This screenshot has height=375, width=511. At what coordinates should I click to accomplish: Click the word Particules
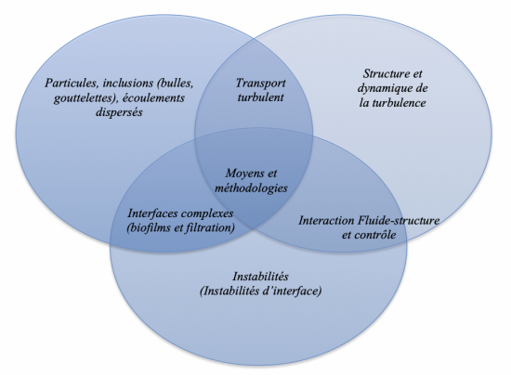pyautogui.click(x=72, y=83)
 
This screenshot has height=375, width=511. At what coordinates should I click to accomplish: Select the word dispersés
pyautogui.click(x=119, y=112)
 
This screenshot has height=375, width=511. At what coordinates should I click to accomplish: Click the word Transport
pyautogui.click(x=260, y=83)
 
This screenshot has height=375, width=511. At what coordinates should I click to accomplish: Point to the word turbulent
pyautogui.click(x=260, y=97)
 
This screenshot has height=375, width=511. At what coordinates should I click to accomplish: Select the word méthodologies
pyautogui.click(x=251, y=188)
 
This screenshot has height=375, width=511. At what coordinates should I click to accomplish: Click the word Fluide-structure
pyautogui.click(x=399, y=220)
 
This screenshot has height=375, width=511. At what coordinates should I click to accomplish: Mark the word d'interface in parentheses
pyautogui.click(x=293, y=291)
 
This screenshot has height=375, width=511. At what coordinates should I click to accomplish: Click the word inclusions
pyautogui.click(x=128, y=83)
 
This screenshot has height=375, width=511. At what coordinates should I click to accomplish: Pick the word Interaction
pyautogui.click(x=326, y=220)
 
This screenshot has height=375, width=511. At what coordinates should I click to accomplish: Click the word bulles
pyautogui.click(x=176, y=83)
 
